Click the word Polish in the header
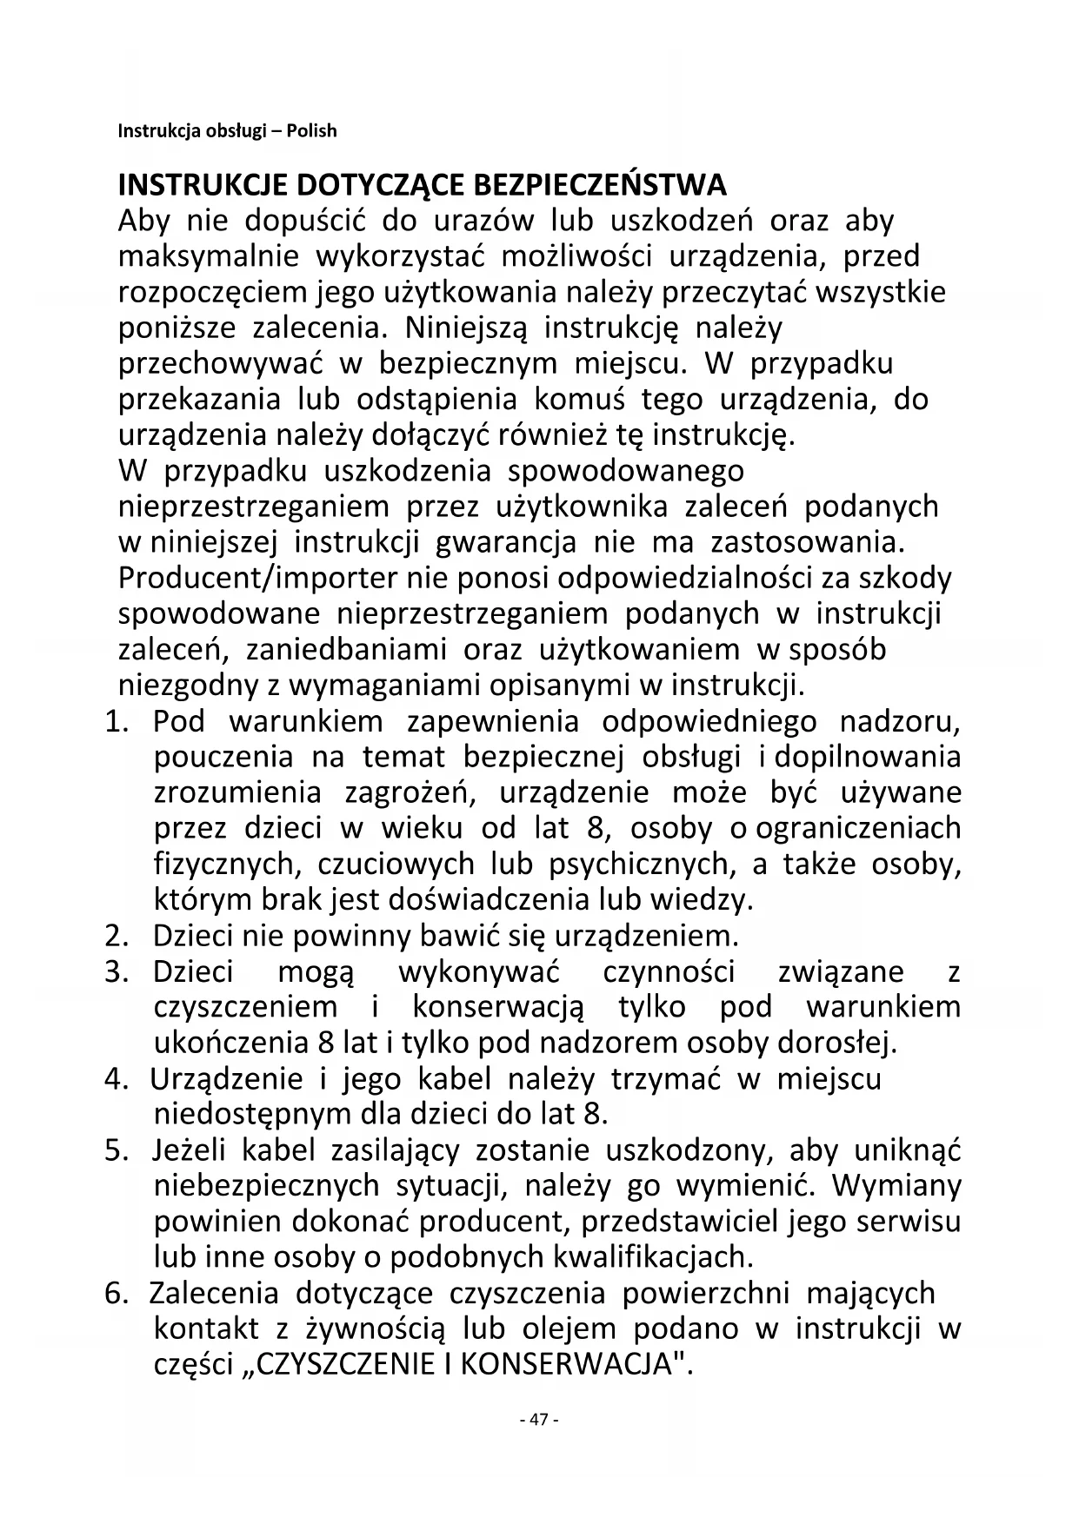[x=312, y=131]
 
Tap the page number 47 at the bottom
[x=538, y=1420]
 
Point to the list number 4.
[x=115, y=1079]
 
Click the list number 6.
[x=115, y=1293]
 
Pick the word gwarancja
[x=505, y=542]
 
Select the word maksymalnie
[x=209, y=257]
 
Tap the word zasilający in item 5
[x=395, y=1150]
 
